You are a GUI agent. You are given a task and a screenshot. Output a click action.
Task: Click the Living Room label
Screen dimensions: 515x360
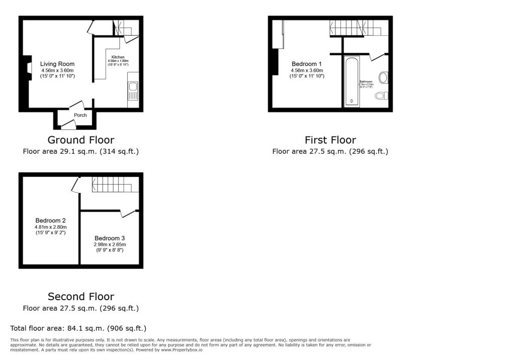click(x=57, y=64)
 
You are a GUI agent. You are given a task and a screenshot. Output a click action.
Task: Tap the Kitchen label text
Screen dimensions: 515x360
click(x=118, y=57)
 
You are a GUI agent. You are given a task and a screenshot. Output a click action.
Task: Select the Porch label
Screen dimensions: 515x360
click(x=80, y=115)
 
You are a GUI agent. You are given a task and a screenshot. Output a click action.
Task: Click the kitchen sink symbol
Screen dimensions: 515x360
click(x=133, y=91)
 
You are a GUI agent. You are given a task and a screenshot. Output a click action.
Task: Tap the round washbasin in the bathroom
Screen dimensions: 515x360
click(x=383, y=77)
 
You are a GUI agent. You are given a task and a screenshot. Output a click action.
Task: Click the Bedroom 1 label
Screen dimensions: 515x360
click(x=307, y=64)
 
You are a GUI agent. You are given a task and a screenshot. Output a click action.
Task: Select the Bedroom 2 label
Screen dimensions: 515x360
click(x=50, y=220)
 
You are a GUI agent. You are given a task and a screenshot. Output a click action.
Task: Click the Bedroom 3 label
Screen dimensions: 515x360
click(x=109, y=238)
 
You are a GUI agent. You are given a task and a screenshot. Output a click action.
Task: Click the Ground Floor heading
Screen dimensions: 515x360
click(x=81, y=140)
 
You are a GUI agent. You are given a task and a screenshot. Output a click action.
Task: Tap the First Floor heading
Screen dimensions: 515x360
click(x=330, y=140)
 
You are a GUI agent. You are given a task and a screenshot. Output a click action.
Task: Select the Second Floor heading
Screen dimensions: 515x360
click(x=81, y=296)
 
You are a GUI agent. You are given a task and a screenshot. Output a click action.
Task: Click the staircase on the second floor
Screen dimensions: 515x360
click(x=115, y=184)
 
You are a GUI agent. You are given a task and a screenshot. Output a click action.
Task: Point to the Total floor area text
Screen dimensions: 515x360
click(x=78, y=328)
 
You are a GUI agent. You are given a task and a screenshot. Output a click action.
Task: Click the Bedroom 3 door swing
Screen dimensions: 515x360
click(x=129, y=213)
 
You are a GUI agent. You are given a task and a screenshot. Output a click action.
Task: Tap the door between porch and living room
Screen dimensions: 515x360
click(x=76, y=105)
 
